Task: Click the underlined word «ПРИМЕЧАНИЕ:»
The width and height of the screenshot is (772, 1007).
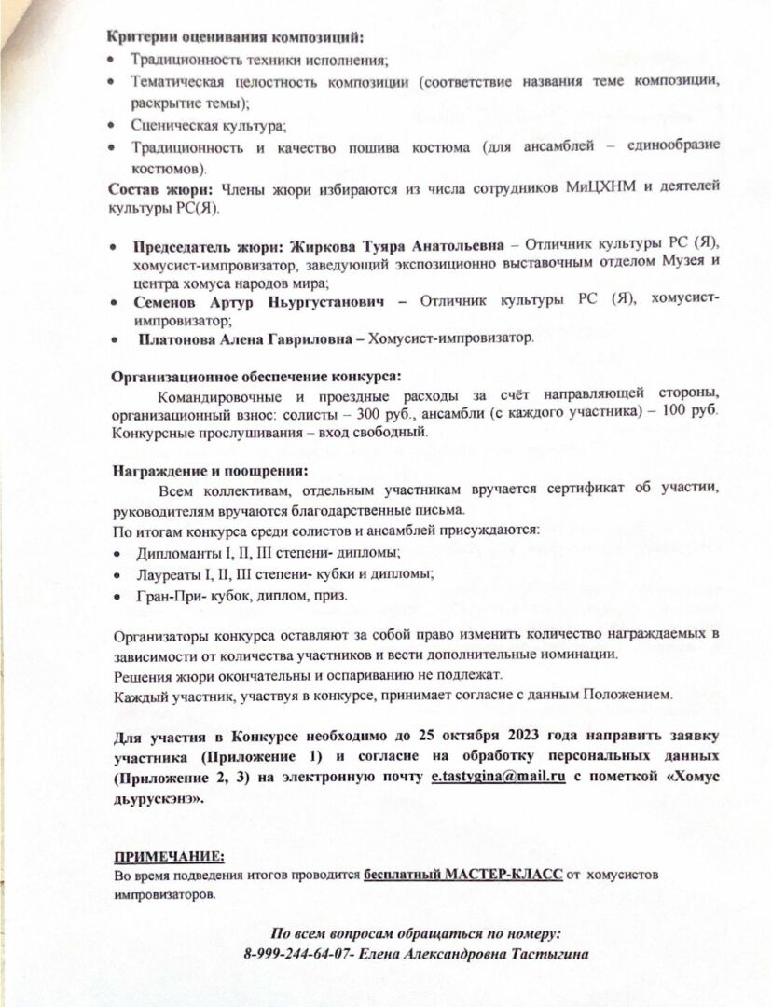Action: point(169,856)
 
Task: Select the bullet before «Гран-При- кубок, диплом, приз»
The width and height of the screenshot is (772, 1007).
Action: point(116,595)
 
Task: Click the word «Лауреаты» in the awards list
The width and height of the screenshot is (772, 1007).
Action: point(164,573)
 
